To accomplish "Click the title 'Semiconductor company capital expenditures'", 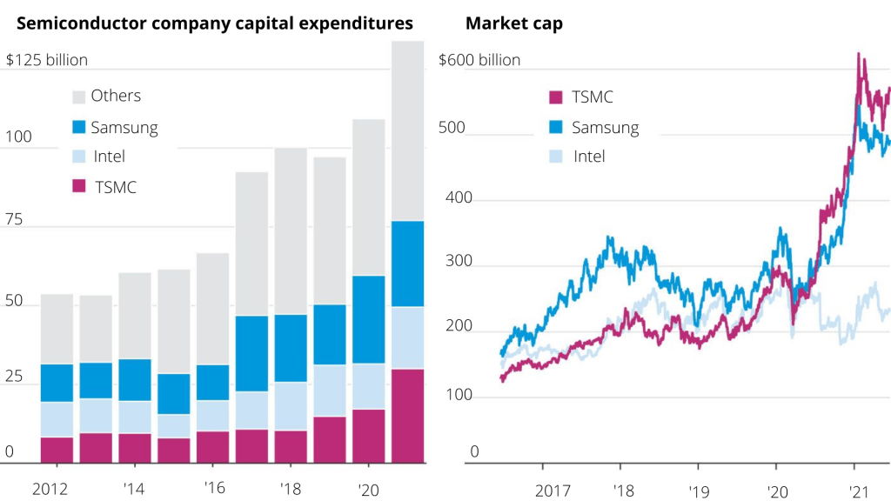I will pos(215,23).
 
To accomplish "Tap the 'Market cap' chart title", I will pos(514,23).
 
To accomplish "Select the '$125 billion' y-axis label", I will pos(47,60).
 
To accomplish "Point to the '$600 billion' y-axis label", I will pos(479,60).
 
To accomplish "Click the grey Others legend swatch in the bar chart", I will pos(79,97).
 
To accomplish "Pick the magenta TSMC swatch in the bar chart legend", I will pos(79,186).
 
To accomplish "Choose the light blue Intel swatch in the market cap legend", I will pos(556,157).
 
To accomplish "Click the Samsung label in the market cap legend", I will pos(605,128).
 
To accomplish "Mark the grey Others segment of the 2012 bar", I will pos(57,329).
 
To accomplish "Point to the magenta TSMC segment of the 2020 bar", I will pos(370,436).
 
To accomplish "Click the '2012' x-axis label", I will pos(49,489).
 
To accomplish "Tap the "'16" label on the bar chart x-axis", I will pos(215,489).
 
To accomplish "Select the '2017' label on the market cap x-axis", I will pos(553,491).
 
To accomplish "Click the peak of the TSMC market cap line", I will pos(859,54).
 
